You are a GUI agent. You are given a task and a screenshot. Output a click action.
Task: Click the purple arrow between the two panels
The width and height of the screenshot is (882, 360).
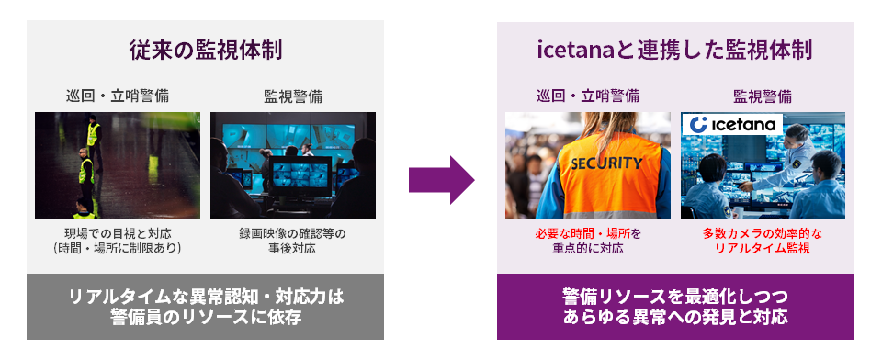[441, 180]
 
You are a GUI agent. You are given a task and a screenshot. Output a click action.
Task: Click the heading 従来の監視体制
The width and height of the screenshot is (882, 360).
[205, 51]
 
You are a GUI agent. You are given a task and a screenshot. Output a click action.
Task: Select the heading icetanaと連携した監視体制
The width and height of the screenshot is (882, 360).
[674, 51]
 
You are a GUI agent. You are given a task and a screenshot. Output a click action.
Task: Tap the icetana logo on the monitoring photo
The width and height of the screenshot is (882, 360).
[732, 125]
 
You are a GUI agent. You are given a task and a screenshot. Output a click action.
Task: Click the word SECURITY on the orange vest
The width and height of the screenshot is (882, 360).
[606, 163]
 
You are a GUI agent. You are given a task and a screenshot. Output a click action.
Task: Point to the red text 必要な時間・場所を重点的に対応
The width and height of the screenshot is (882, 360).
[588, 242]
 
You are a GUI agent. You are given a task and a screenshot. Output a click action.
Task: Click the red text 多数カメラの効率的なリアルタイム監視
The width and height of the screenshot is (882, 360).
[763, 242]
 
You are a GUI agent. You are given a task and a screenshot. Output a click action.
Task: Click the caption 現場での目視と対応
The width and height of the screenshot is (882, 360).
[118, 233]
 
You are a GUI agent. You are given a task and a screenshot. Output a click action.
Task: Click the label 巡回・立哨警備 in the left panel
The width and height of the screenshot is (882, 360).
[118, 96]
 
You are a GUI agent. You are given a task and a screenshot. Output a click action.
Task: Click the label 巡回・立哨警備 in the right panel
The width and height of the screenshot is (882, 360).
[588, 96]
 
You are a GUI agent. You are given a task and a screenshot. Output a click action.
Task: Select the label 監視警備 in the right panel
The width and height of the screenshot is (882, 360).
[763, 96]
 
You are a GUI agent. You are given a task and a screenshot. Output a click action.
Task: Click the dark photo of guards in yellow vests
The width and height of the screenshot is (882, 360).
[118, 165]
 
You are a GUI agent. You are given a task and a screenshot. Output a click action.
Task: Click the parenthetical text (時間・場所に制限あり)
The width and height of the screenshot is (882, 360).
[118, 249]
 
